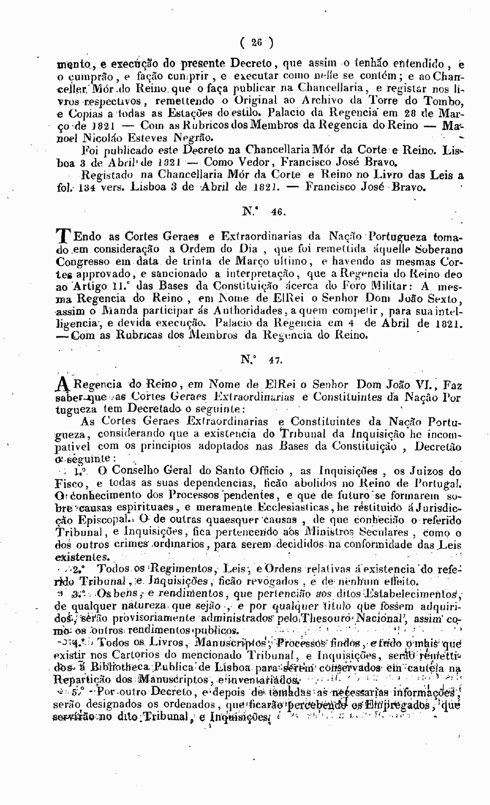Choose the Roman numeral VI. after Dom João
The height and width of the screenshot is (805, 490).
click(418, 384)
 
